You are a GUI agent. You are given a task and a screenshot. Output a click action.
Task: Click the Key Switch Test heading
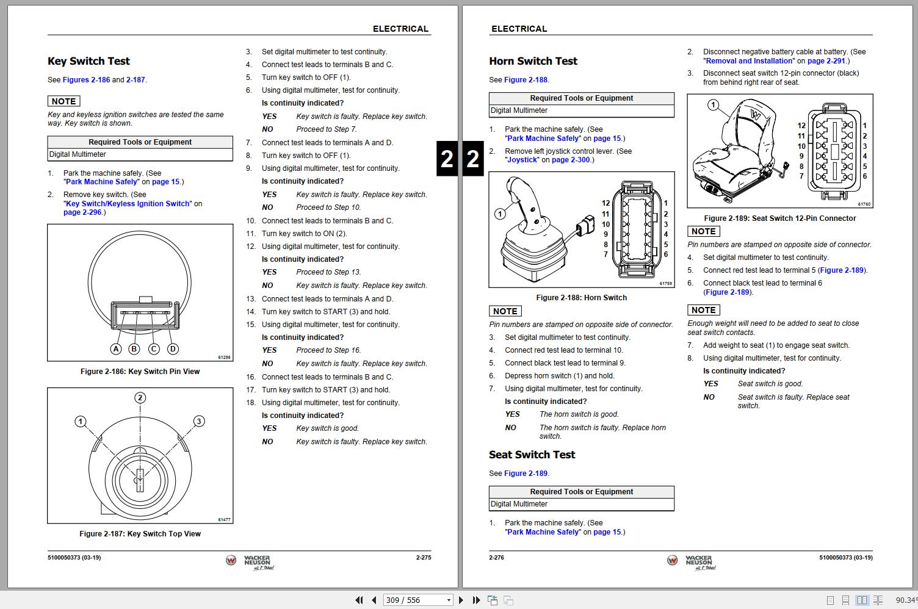tap(89, 61)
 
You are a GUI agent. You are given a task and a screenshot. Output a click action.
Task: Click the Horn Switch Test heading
tap(533, 61)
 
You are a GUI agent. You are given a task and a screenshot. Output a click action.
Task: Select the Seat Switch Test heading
tap(532, 455)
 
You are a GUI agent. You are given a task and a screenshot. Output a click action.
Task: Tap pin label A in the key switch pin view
tap(116, 349)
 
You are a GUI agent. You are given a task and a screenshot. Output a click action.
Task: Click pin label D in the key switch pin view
tap(173, 349)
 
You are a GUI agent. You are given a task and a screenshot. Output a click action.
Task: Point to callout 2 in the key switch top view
tap(140, 398)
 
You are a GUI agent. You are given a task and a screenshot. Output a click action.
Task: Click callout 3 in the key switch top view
tap(199, 421)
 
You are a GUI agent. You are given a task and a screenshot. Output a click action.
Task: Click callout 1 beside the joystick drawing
tap(500, 214)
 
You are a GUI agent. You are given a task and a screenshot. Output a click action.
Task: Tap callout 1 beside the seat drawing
tap(713, 105)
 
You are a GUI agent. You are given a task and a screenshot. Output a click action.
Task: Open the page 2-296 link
tap(82, 212)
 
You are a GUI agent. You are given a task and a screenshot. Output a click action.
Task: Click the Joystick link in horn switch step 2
tap(522, 160)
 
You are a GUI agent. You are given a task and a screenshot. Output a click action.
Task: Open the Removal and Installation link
tap(749, 61)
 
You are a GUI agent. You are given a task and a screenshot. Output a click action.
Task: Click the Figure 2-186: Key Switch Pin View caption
tap(140, 372)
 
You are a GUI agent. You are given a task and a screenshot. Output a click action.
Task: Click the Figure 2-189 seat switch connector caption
tap(779, 218)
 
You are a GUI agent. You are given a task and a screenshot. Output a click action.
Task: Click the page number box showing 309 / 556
tap(417, 600)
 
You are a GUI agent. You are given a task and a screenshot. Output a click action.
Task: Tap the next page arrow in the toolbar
tap(461, 600)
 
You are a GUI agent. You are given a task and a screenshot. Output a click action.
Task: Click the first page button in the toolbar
tap(359, 600)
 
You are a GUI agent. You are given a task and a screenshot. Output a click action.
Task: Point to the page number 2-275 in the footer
tap(423, 558)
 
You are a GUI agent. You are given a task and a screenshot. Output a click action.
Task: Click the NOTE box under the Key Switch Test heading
tap(64, 101)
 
